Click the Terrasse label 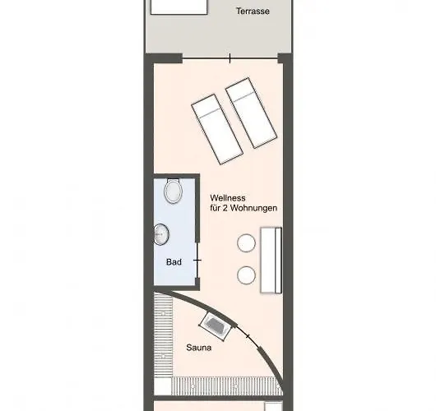253,12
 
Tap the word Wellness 228,198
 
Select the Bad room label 174,261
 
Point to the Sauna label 199,348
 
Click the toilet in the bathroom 174,191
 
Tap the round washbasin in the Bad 161,234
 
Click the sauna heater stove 216,326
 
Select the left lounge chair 217,129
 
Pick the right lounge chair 252,113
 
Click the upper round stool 246,242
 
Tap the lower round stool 246,275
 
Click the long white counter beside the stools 271,260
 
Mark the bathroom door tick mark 197,261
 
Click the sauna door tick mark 248,336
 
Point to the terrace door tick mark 230,58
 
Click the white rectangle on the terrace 179,7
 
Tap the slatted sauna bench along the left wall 163,335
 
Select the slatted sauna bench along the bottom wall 226,386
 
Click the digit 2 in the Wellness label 225,208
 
